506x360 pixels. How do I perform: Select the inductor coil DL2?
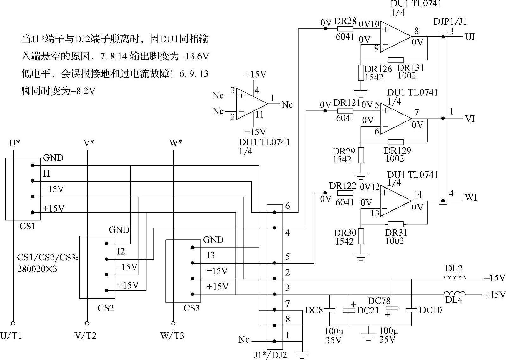(x=454, y=278)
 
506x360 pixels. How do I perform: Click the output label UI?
(x=470, y=37)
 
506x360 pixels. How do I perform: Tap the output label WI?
(x=471, y=198)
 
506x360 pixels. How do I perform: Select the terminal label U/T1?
(x=11, y=336)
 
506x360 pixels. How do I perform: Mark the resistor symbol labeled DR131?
(x=396, y=60)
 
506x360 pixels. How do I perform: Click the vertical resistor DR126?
(x=361, y=73)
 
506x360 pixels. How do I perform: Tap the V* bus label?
(x=89, y=143)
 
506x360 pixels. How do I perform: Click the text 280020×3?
(x=37, y=269)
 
